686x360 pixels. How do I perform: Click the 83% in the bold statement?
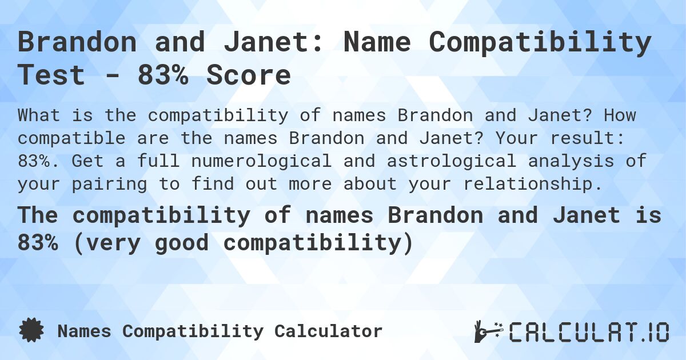[x=38, y=243]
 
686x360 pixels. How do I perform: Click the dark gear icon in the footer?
[x=31, y=331]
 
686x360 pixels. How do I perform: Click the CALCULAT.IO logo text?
[x=589, y=332]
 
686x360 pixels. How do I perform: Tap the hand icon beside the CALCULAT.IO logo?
[x=486, y=332]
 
